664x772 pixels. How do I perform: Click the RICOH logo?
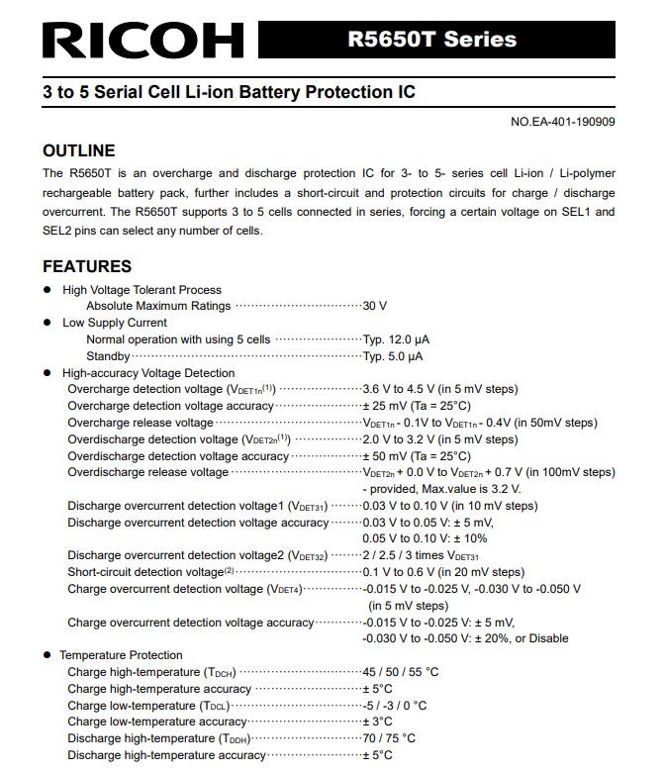click(x=142, y=39)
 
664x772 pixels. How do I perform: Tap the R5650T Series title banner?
click(x=431, y=40)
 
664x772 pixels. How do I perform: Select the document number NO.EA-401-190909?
click(x=563, y=122)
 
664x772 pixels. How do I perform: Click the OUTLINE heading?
click(x=79, y=150)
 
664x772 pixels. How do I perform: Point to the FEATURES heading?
click(x=87, y=266)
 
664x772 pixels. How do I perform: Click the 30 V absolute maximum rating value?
click(x=375, y=306)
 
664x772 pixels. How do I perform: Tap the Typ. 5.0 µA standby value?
click(x=393, y=356)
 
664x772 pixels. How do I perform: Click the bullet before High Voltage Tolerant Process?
click(x=47, y=290)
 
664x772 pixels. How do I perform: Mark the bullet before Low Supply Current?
click(x=47, y=323)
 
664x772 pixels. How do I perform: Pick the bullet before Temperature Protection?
click(x=47, y=655)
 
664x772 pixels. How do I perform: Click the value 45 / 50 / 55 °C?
click(x=401, y=672)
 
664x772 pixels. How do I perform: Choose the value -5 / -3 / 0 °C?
click(x=395, y=706)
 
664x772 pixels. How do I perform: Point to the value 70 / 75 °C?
click(x=389, y=738)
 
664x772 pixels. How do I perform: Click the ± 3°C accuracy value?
click(x=378, y=722)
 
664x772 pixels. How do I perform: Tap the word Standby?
click(x=108, y=356)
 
